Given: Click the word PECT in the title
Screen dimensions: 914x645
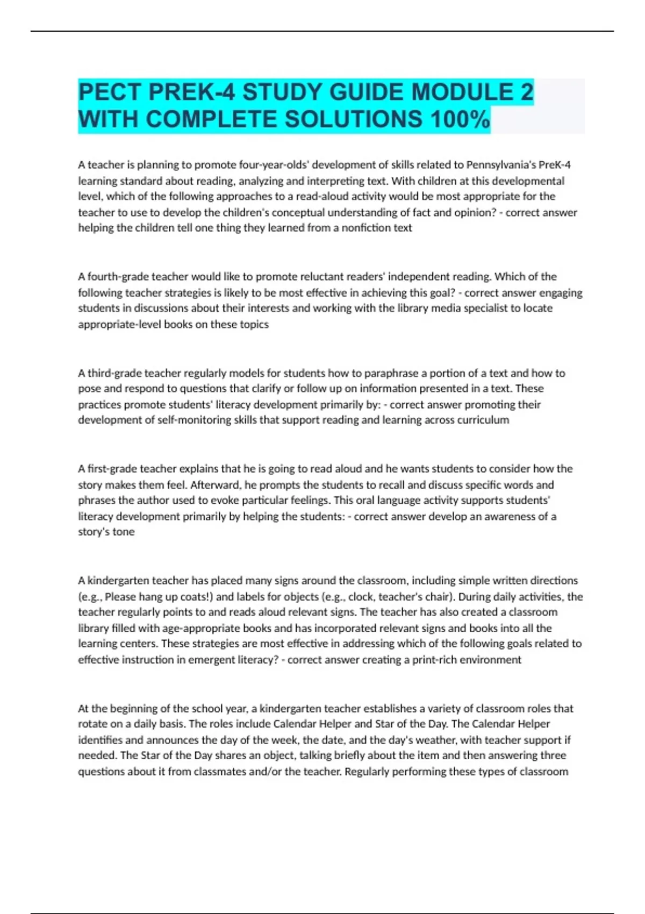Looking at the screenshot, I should tap(110, 92).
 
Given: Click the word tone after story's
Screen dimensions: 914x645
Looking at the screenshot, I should tap(124, 532).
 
